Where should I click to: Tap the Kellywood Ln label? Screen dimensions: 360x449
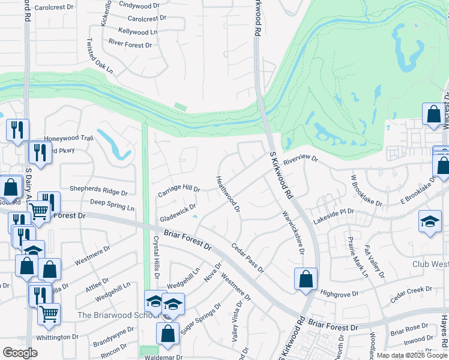137,31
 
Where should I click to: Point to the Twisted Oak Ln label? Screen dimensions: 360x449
100,56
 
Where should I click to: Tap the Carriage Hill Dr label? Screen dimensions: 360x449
178,191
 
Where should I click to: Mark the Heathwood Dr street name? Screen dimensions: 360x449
228,194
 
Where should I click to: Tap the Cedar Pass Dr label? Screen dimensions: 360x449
247,257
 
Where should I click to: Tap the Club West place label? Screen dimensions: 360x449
430,264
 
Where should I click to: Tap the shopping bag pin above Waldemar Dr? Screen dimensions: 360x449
168,333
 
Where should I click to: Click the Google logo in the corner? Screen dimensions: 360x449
20,353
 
